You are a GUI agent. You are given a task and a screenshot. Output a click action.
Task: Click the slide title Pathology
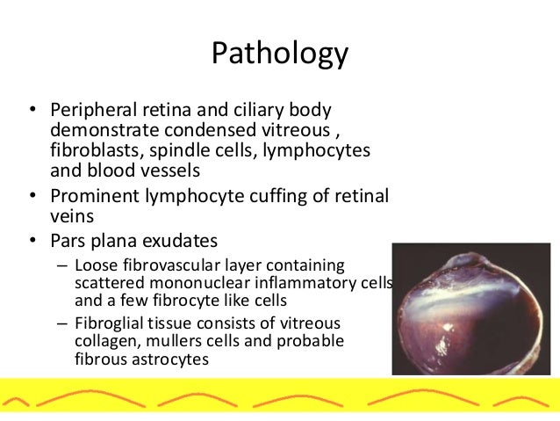point(280,54)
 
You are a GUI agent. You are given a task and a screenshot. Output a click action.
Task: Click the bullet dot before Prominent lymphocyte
point(32,195)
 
